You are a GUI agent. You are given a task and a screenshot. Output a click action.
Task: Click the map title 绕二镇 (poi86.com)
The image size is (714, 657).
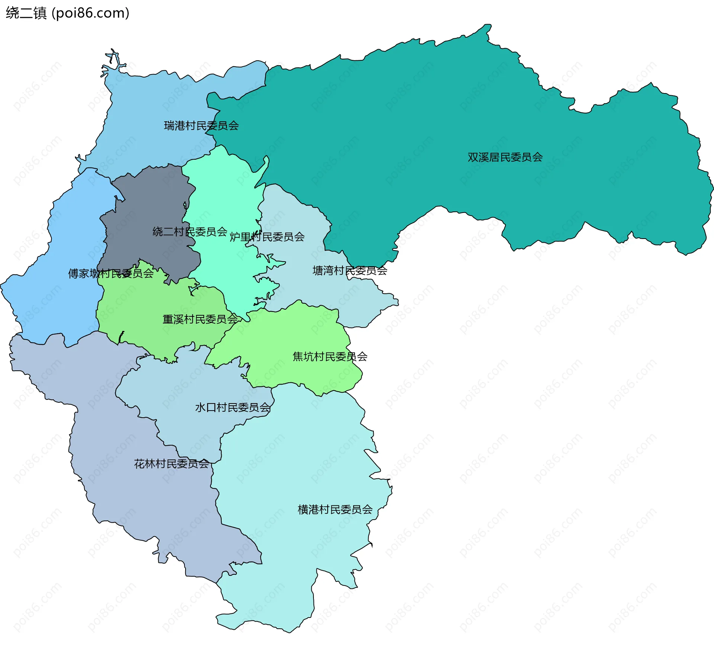[67, 13]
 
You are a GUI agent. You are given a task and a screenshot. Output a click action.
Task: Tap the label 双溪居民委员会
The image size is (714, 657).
[505, 157]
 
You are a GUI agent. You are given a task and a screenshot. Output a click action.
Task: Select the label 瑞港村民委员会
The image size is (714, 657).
[201, 125]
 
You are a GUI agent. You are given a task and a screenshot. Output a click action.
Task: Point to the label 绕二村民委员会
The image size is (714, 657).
[190, 232]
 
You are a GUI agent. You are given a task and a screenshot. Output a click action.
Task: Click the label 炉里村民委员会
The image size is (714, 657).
[267, 237]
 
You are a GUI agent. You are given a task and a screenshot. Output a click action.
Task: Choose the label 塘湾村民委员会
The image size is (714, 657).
[350, 271]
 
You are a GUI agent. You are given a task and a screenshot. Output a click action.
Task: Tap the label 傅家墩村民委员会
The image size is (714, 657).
[110, 274]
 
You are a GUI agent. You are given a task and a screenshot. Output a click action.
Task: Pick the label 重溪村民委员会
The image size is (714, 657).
[200, 319]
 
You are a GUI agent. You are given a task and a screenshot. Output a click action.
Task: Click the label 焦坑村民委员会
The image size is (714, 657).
[330, 357]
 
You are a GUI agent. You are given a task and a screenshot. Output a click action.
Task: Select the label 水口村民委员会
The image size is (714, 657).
[232, 407]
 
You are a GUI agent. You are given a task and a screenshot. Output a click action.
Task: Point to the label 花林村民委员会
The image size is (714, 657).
[171, 463]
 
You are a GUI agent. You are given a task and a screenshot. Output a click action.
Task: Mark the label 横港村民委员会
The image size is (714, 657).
[335, 509]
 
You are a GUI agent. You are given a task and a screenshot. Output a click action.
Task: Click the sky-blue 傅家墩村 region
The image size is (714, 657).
[56, 298]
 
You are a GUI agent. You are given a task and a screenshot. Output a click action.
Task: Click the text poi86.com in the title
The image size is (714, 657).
[90, 13]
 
